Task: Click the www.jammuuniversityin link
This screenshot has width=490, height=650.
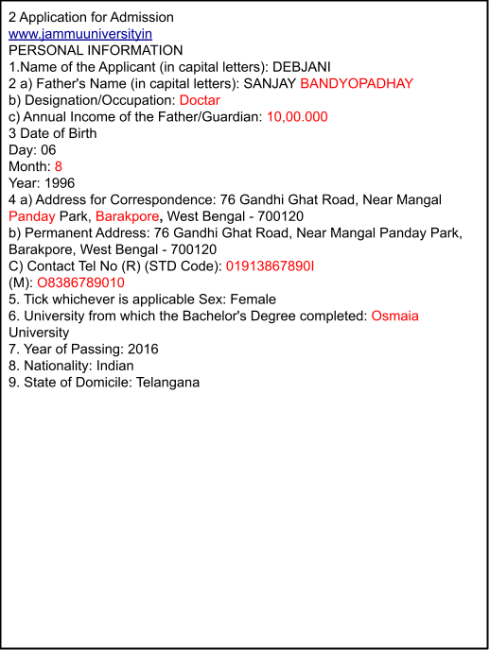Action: [x=80, y=34]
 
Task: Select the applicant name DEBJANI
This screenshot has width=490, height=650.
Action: [x=301, y=67]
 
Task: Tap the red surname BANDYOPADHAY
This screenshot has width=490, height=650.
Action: [x=357, y=83]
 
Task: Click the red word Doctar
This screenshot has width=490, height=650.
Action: [x=200, y=100]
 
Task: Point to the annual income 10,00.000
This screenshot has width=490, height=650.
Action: [x=297, y=116]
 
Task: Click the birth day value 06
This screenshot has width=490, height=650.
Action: [x=48, y=149]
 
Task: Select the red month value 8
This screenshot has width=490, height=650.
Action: [x=58, y=166]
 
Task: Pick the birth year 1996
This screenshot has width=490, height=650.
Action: [x=60, y=183]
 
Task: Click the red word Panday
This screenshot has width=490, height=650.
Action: [x=32, y=216]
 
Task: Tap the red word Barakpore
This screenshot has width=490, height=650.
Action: [x=127, y=216]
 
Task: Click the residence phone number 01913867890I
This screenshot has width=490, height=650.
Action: [x=271, y=265]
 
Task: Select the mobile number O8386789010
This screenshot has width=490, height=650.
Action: [x=81, y=282]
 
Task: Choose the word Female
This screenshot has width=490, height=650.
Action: [x=254, y=299]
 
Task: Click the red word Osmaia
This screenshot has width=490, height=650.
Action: [x=394, y=316]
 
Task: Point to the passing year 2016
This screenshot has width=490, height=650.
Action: [x=143, y=349]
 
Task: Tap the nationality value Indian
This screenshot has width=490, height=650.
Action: [x=114, y=366]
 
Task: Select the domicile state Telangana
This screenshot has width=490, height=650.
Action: [x=167, y=383]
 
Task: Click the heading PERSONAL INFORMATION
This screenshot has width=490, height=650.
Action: [x=96, y=50]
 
